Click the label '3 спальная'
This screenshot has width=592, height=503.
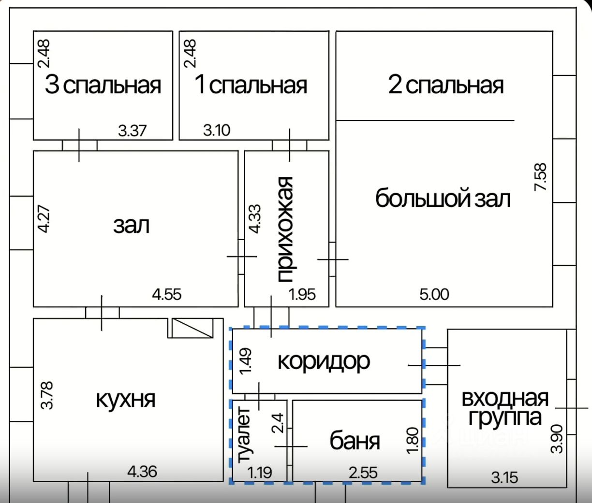pyautogui.click(x=103, y=86)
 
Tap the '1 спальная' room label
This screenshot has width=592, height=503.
pyautogui.click(x=251, y=86)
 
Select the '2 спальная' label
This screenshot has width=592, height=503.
pyautogui.click(x=445, y=86)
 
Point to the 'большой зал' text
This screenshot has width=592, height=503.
pyautogui.click(x=443, y=199)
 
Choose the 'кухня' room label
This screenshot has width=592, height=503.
pyautogui.click(x=126, y=400)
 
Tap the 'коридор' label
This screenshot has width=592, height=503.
pyautogui.click(x=324, y=361)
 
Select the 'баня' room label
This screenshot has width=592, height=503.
pyautogui.click(x=355, y=441)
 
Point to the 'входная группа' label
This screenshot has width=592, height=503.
pyautogui.click(x=505, y=408)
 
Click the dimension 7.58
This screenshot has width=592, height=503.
pyautogui.click(x=540, y=177)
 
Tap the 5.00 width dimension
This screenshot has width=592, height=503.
pyautogui.click(x=434, y=294)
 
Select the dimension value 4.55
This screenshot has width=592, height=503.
pyautogui.click(x=167, y=294)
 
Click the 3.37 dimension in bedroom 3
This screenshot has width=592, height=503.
pyautogui.click(x=132, y=130)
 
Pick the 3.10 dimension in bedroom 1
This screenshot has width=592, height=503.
pyautogui.click(x=216, y=130)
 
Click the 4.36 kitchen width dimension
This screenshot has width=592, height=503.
pyautogui.click(x=142, y=471)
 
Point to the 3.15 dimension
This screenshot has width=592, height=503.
pyautogui.click(x=504, y=477)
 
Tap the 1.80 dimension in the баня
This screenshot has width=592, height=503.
pyautogui.click(x=412, y=440)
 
